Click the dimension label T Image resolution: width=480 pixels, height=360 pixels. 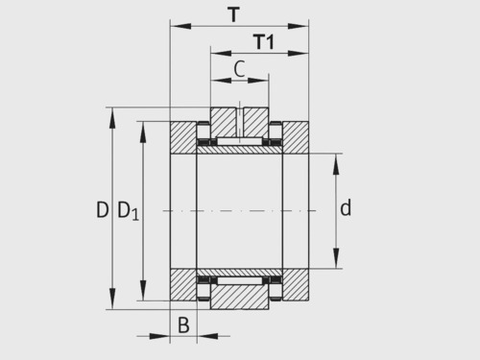click(234, 14)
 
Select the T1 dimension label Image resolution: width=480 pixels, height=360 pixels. click(264, 41)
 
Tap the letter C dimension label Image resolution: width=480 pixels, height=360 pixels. click(239, 68)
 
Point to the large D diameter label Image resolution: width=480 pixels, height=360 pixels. click(103, 210)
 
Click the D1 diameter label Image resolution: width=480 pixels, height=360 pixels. click(129, 211)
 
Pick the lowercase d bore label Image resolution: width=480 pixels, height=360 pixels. click(346, 208)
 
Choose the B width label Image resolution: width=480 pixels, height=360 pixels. click(183, 325)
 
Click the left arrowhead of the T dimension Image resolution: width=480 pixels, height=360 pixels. click(180, 26)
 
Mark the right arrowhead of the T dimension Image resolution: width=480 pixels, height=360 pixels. click(298, 26)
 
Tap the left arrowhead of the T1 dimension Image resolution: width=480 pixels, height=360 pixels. click(221, 53)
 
